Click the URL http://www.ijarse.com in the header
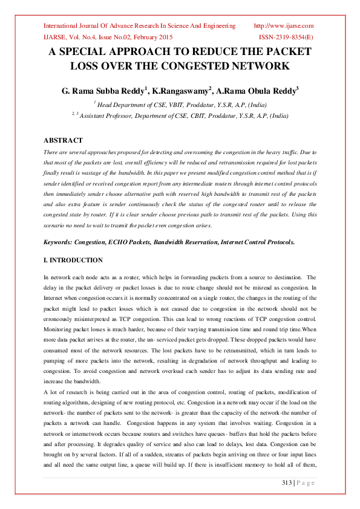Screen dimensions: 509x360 (283, 26)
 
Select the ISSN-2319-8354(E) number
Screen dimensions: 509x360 (286, 37)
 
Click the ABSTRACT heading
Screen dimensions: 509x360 (64, 140)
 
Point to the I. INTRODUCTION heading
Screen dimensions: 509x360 (73, 260)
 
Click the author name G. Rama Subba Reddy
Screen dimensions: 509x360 (103, 91)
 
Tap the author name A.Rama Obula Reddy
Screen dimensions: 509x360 (257, 91)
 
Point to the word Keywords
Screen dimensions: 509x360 (58, 242)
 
